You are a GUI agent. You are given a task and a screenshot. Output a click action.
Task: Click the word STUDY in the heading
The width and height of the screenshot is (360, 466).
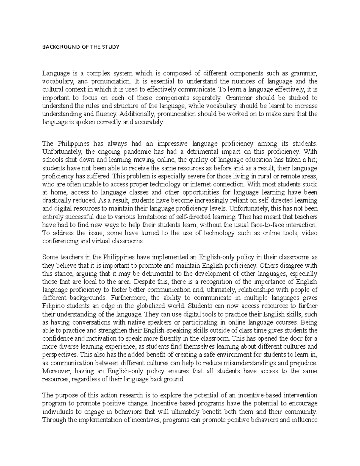click(112, 47)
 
